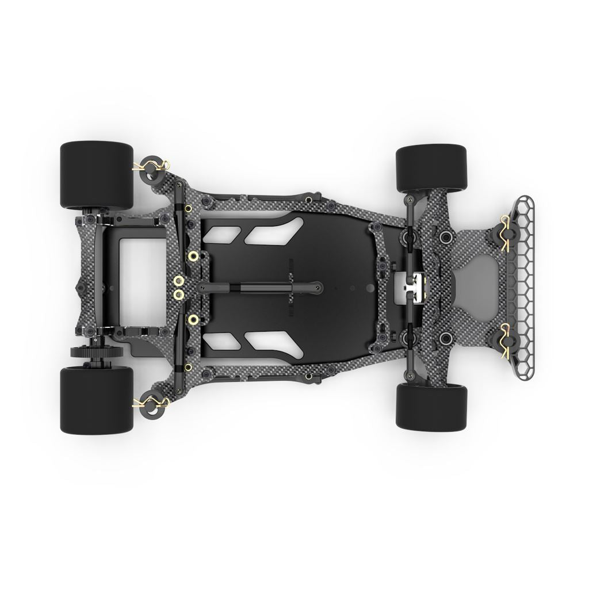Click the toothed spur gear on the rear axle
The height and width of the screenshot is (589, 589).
(86, 351)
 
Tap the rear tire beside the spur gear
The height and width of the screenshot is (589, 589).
(97, 399)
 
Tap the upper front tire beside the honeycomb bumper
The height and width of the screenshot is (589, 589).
(431, 168)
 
